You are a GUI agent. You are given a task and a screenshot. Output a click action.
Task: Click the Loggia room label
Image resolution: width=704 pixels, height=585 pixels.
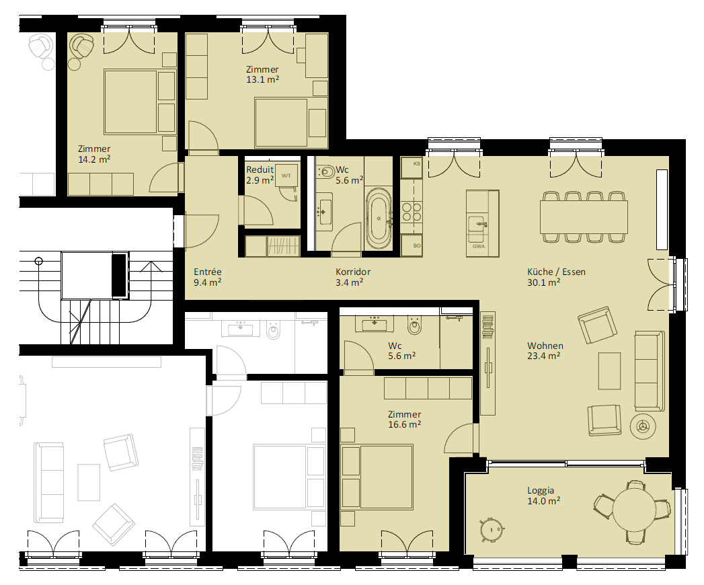coord(541,491)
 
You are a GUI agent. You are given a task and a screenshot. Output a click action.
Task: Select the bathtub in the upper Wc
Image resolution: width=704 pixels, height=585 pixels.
coord(379,219)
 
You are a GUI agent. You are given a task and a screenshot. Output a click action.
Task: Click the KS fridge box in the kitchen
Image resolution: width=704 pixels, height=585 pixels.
coord(412,167)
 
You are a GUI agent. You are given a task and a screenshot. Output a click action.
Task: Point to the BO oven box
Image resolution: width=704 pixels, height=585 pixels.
coord(412,245)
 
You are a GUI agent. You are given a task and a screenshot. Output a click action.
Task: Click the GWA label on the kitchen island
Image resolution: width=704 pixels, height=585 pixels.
coord(479,247)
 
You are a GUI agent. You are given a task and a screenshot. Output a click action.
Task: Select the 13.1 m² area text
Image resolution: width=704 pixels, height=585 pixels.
coord(263,80)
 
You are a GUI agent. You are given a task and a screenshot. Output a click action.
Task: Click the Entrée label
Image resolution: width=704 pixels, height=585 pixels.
coord(207,272)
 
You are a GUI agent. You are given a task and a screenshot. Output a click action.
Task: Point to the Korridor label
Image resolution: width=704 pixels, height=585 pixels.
coord(353,272)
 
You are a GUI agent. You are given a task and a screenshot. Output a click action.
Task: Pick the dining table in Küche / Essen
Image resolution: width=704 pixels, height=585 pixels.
coord(584,217)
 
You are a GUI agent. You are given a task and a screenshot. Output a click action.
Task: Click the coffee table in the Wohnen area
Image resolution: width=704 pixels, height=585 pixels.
coord(610,371)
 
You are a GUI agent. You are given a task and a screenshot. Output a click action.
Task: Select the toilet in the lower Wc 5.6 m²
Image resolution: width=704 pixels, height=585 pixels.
coord(414,326)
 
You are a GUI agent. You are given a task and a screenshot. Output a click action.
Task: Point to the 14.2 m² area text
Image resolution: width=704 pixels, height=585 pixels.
coord(94,159)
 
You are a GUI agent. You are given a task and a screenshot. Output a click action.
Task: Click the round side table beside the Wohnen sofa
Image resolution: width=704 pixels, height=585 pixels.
coord(643,426)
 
